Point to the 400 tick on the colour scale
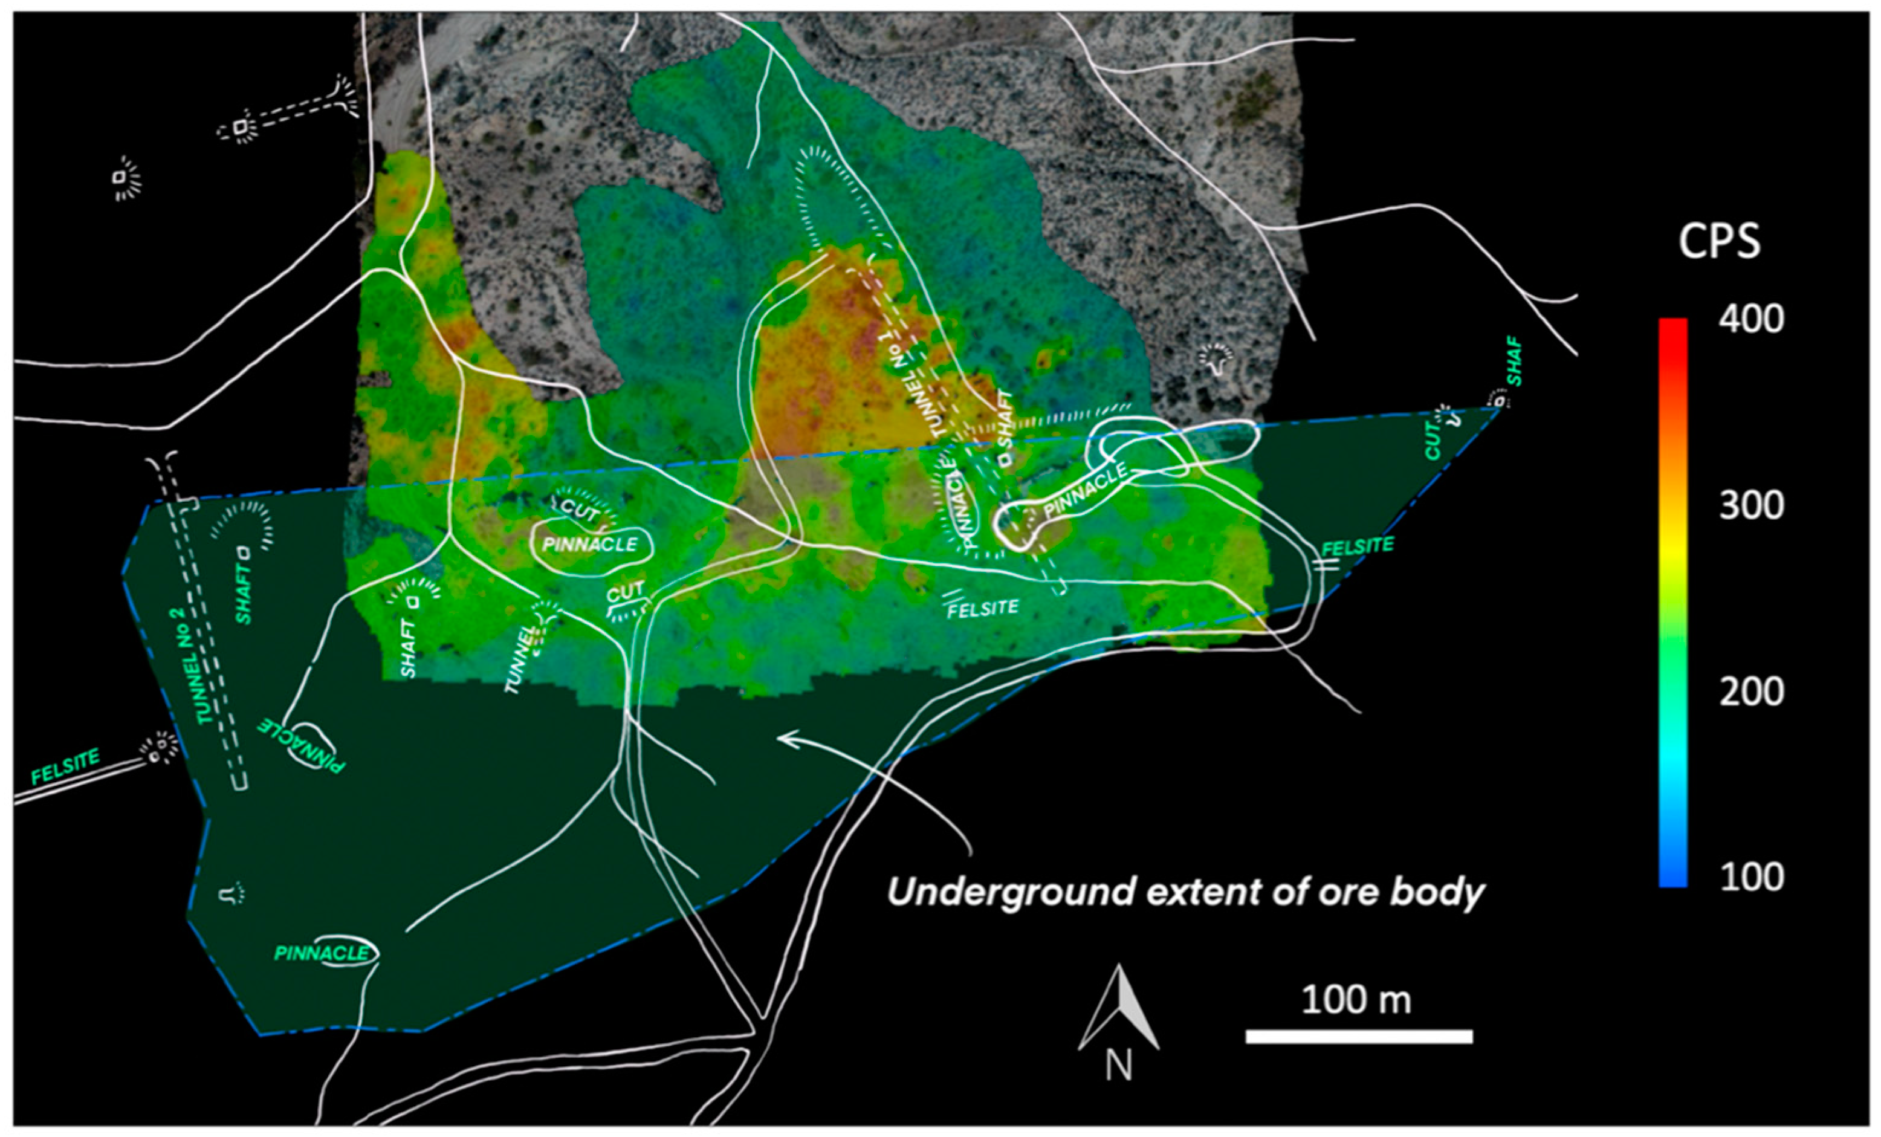pyautogui.click(x=1751, y=319)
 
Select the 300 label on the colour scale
pyautogui.click(x=1751, y=505)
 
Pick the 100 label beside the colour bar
pyautogui.click(x=1751, y=877)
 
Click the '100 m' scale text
pyautogui.click(x=1356, y=1000)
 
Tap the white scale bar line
pyautogui.click(x=1359, y=1036)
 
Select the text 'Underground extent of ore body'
pyautogui.click(x=1185, y=892)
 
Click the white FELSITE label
pyautogui.click(x=982, y=609)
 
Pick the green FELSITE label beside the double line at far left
pyautogui.click(x=66, y=766)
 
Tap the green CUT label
pyautogui.click(x=1433, y=442)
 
